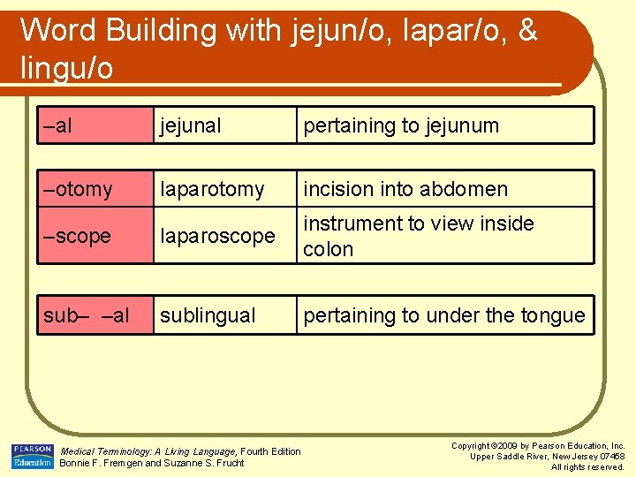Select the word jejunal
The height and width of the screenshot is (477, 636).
point(190,125)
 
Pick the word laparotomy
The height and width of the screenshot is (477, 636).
point(211,189)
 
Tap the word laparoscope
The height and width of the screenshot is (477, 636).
point(217,236)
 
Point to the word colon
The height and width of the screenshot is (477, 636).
point(328,249)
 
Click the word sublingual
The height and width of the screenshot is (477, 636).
point(208,315)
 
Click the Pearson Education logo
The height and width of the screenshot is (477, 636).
point(32,456)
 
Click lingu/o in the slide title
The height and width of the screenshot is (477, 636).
point(66,67)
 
